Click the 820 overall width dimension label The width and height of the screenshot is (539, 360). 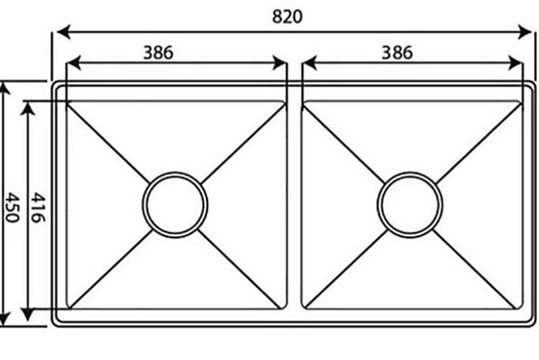pos(287,16)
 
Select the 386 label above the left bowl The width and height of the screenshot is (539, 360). pos(158,53)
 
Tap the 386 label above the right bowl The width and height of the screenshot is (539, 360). pos(397,53)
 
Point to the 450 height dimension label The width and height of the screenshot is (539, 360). pos(13,208)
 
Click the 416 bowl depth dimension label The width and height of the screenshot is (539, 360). pos(38,208)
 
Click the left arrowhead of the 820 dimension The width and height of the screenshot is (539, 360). pos(63,32)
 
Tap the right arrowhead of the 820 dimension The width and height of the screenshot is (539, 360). pos(525,32)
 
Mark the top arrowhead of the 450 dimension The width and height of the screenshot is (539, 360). pos(4,88)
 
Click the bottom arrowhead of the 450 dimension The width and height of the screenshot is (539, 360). pos(4,319)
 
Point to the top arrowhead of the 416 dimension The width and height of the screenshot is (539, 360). pos(28,109)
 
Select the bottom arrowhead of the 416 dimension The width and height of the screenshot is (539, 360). pos(28,314)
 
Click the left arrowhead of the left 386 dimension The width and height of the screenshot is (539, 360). pos(73,63)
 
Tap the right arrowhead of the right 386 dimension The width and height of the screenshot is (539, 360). pos(515,63)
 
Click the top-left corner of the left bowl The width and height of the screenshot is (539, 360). pos(66,101)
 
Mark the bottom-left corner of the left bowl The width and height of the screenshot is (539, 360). pos(66,309)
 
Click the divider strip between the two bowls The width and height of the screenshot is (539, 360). pos(294,205)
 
